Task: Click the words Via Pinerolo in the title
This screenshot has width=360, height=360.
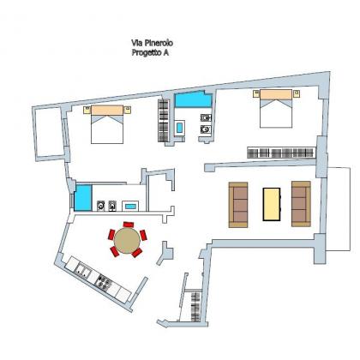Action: point(152,43)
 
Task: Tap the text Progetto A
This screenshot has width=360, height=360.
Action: point(150,53)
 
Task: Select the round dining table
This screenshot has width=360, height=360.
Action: point(127,240)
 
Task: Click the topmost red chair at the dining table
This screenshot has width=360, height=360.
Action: point(129,225)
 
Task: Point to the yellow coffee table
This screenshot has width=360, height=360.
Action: point(272,204)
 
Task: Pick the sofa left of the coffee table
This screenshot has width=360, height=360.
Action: point(238,205)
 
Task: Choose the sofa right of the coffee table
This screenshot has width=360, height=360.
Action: point(301,204)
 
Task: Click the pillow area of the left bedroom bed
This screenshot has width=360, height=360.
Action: point(107,111)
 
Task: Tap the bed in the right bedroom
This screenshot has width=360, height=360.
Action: point(276,109)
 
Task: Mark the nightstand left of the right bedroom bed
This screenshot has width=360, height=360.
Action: point(256,93)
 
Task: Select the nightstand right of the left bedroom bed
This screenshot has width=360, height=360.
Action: point(128,110)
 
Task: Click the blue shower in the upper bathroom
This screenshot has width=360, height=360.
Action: point(194,99)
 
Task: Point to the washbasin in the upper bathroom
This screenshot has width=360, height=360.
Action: point(179,128)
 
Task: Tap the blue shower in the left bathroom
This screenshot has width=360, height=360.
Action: point(83,198)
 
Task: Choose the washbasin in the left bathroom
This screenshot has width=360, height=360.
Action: point(130,206)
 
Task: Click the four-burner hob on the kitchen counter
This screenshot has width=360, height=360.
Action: point(104,281)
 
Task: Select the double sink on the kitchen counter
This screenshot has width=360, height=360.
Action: point(82,270)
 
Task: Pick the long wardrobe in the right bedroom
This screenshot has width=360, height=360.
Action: point(281,153)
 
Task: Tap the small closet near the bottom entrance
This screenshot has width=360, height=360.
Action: point(195,306)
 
